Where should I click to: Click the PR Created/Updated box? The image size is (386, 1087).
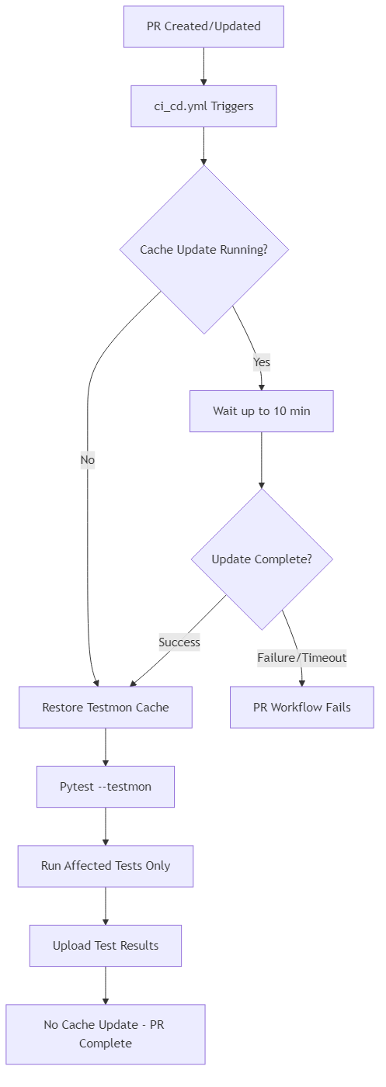(203, 26)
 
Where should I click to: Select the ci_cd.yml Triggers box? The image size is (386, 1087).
(203, 106)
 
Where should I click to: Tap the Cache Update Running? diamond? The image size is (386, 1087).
(203, 250)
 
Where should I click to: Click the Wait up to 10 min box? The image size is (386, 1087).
(262, 411)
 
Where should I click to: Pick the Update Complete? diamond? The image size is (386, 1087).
(262, 559)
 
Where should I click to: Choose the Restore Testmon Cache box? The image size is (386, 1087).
(106, 708)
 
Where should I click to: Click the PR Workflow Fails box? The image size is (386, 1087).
(301, 708)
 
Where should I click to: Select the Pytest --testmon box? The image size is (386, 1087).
(106, 787)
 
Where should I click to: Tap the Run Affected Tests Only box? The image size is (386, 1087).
(106, 866)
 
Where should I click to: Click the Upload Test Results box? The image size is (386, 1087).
(106, 946)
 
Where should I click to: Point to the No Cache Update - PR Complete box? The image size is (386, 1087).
(106, 1034)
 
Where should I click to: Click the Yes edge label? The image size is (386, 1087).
(261, 362)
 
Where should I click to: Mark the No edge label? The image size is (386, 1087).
(87, 460)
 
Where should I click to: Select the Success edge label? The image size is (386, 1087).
(179, 642)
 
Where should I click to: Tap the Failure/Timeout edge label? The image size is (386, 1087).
(301, 658)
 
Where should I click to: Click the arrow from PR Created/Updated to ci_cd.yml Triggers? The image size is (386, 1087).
(203, 66)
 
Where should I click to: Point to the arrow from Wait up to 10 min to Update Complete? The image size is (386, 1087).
(262, 459)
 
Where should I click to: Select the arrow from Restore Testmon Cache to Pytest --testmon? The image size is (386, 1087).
(106, 747)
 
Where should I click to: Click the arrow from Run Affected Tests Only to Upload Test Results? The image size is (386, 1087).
(106, 905)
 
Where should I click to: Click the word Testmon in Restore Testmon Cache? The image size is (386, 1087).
(109, 708)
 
